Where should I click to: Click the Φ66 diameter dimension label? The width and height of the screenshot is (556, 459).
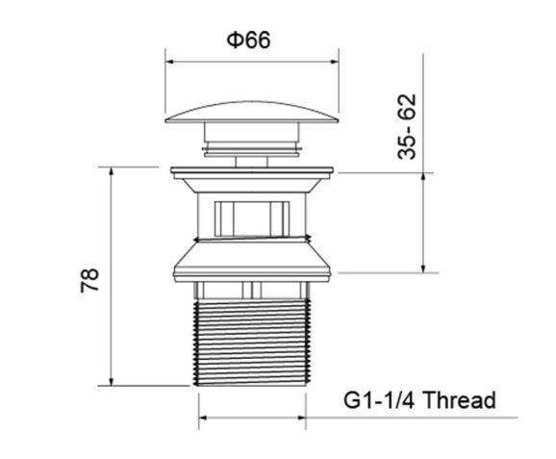pos(248,39)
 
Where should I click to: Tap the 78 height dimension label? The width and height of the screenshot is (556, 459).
pos(89,280)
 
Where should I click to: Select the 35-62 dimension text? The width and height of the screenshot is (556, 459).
pos(406,127)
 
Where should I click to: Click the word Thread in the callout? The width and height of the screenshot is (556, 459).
pos(459,400)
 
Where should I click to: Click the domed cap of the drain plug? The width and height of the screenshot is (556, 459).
pos(252,113)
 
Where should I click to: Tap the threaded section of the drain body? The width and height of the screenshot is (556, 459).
pos(252,343)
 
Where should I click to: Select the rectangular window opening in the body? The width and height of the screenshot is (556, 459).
pos(252,218)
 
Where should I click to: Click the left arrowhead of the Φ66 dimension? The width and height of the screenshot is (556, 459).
pos(169,62)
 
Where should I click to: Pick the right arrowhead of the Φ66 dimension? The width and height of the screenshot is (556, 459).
pos(335,62)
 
